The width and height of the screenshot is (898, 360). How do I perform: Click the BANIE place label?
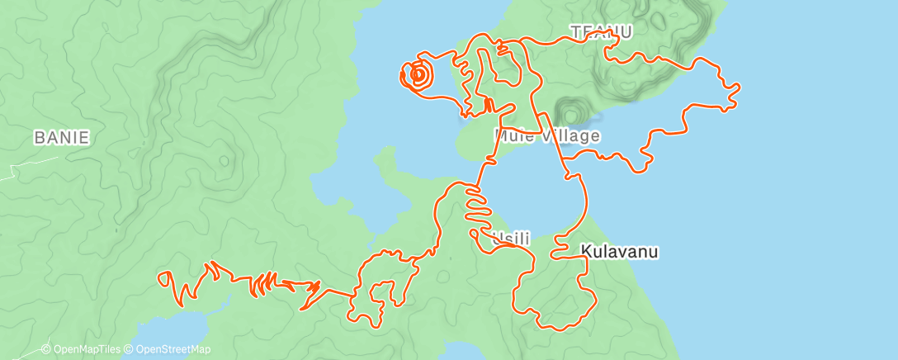click(61, 137)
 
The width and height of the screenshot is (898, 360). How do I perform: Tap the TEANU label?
click(601, 32)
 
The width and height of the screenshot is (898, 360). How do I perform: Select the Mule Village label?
click(547, 135)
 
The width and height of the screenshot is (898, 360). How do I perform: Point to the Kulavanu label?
click(619, 251)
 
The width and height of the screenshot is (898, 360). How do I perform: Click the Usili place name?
click(510, 239)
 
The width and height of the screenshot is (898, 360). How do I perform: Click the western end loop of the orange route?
click(166, 279)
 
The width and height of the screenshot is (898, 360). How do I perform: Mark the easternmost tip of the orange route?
click(738, 85)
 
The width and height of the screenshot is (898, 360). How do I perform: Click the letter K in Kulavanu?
click(586, 251)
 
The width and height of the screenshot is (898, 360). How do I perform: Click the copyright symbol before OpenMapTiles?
click(46, 349)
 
